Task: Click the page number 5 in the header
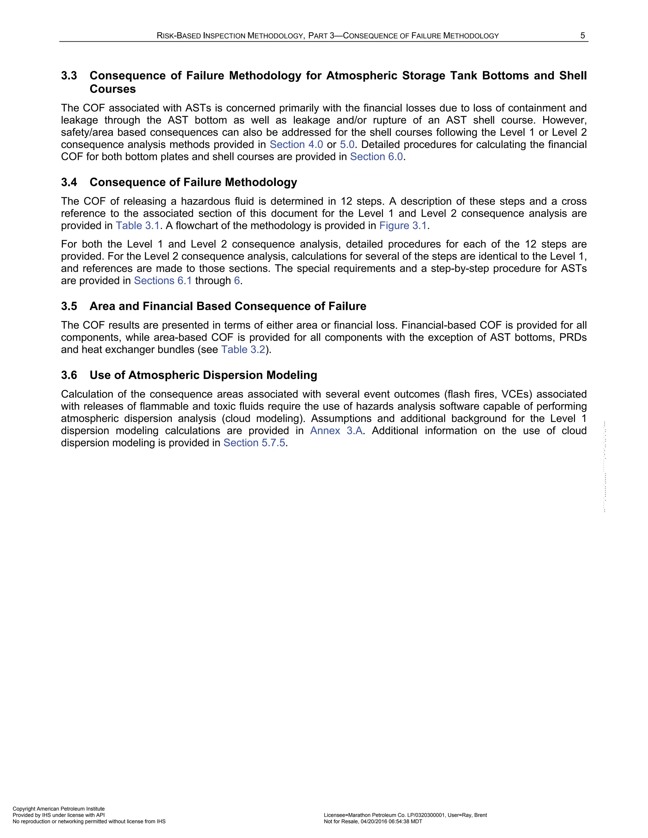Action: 583,36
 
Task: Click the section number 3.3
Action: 69,76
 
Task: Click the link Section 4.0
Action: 296,145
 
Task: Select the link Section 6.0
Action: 376,157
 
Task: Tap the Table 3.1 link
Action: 137,225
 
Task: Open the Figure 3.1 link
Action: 403,225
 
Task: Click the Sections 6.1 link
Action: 163,281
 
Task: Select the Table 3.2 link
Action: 243,349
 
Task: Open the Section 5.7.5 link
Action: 254,443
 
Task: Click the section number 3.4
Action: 69,182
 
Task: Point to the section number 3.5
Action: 69,306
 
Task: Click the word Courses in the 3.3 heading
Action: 112,89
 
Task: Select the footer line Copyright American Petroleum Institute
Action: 59,809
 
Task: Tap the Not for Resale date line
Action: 373,822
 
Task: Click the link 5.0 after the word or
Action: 347,145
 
